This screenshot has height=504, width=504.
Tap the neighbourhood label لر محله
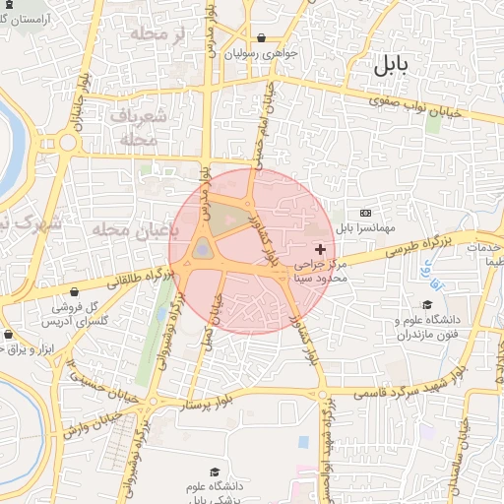coord(150,34)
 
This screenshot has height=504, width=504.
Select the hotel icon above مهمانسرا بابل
coord(366,213)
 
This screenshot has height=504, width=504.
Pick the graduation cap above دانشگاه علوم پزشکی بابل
coord(216,472)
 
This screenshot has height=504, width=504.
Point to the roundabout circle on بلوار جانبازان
coord(68,142)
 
